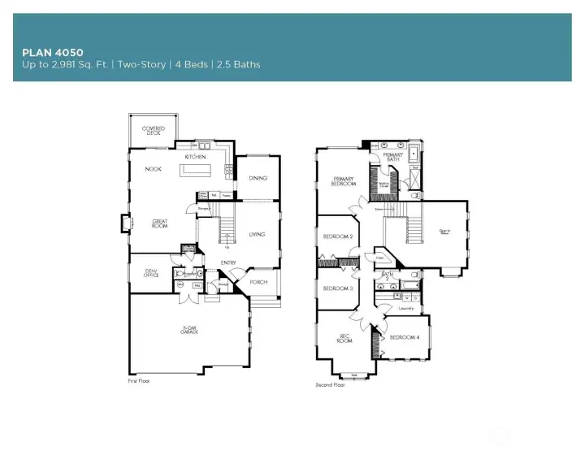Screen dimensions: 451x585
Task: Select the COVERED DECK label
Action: (x=154, y=130)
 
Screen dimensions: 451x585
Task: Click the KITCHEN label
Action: (x=195, y=157)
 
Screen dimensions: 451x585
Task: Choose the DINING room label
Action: (x=258, y=178)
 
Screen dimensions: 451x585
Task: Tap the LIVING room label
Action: (x=257, y=234)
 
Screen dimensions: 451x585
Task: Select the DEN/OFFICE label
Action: (x=151, y=274)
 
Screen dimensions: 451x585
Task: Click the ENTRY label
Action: (x=228, y=262)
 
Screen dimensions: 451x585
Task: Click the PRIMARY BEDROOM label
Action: (x=344, y=181)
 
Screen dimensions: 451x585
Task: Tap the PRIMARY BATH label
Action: (x=393, y=157)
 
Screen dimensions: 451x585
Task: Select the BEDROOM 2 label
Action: (x=337, y=236)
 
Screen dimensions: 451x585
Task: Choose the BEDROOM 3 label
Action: (x=337, y=288)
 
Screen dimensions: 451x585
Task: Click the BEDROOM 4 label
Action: (x=405, y=337)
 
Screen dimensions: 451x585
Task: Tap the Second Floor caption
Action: (x=331, y=385)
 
